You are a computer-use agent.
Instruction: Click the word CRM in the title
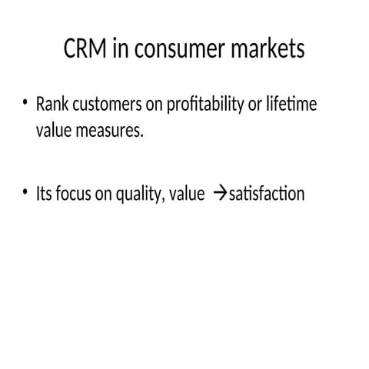[84, 49]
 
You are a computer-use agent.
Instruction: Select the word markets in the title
[268, 49]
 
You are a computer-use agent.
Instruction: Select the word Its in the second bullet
[44, 193]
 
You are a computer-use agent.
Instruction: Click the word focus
[73, 193]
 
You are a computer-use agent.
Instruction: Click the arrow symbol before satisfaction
[218, 194]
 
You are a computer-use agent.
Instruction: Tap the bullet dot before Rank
[25, 103]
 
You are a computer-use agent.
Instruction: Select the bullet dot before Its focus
[25, 192]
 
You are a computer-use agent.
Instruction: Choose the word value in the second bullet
[188, 193]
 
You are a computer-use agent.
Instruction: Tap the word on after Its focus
[103, 193]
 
